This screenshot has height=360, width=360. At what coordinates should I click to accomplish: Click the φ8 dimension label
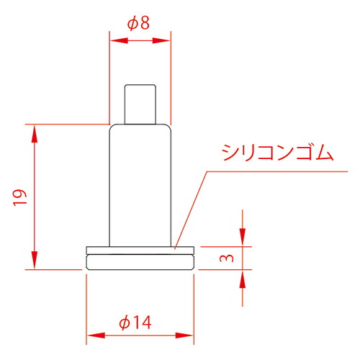point(139,23)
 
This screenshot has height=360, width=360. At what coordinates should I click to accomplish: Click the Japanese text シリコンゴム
point(278,153)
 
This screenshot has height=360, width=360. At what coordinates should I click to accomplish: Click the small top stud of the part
point(140,103)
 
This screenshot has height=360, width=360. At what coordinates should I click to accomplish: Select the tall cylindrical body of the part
point(140,184)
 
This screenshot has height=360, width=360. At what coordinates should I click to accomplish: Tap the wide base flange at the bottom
point(140,261)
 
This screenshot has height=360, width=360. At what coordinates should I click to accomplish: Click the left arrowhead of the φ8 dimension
point(114,41)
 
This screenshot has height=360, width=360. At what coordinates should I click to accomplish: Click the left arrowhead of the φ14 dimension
point(91,335)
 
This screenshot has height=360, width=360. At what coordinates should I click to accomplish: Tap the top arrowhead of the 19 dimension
point(33,130)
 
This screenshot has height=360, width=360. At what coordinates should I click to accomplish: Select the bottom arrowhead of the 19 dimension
point(33,264)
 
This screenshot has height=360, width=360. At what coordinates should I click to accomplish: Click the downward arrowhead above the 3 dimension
point(243,240)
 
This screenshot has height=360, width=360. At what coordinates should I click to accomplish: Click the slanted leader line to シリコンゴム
point(192,210)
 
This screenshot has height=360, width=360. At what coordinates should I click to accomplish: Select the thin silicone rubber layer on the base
point(140,250)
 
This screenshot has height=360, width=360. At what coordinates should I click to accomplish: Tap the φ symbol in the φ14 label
point(125,323)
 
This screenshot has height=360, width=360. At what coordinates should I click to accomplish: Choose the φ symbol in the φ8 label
point(132,23)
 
